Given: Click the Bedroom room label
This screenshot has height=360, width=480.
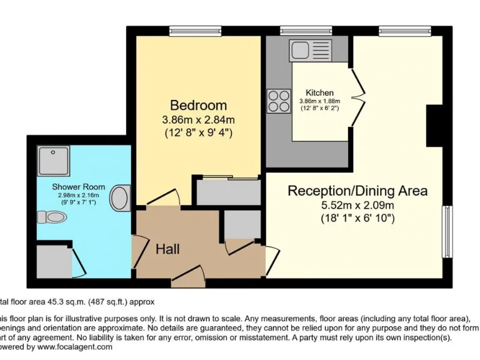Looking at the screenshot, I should click(x=198, y=105).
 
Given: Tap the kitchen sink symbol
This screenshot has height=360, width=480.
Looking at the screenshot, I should click(x=306, y=51).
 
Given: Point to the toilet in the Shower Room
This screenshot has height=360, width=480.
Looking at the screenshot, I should click(x=52, y=217).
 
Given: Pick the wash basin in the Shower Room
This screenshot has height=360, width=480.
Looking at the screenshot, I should click(x=119, y=199).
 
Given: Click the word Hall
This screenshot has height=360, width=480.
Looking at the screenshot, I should click(x=167, y=249).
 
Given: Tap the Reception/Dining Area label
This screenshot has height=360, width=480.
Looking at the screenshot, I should click(x=357, y=191).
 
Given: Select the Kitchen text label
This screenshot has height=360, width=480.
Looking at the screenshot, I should click(x=319, y=92).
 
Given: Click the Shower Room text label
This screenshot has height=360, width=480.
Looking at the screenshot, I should click(x=78, y=186).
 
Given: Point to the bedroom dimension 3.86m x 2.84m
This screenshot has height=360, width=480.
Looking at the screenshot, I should click(x=198, y=119).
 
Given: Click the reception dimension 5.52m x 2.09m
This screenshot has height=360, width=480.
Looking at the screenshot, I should click(x=358, y=205).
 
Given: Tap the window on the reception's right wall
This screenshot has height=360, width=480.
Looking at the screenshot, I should click(x=447, y=231).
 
